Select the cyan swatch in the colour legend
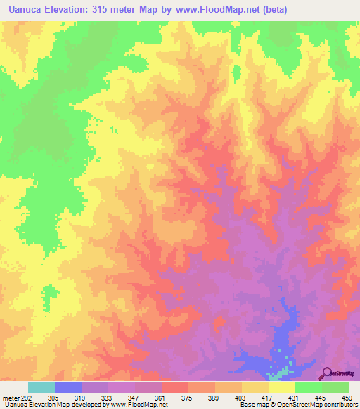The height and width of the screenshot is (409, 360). (41, 387)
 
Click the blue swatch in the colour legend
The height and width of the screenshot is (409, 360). (67, 387)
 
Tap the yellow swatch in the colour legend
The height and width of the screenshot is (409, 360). (281, 387)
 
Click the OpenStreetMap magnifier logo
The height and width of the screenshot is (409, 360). (327, 373)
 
